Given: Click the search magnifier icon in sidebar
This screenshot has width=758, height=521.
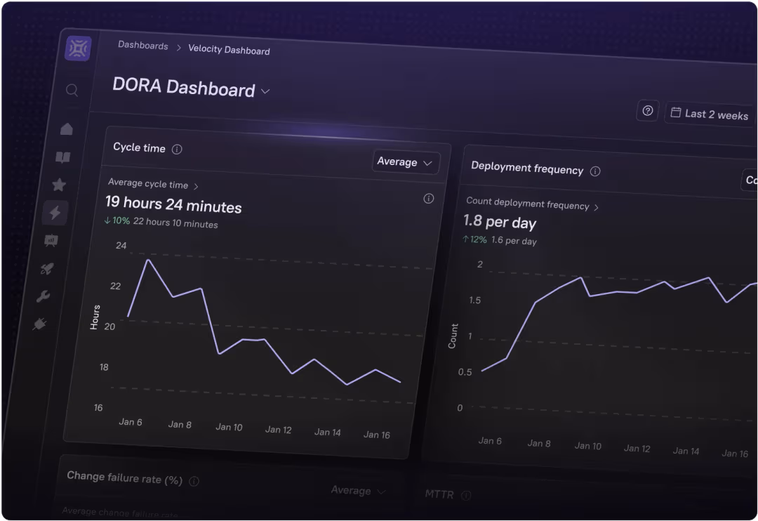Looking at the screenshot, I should [72, 91].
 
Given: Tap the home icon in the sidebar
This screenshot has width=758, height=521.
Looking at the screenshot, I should [67, 129].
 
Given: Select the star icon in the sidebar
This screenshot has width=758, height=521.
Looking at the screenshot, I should [59, 185].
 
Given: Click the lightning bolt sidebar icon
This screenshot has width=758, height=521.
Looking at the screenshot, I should [55, 212].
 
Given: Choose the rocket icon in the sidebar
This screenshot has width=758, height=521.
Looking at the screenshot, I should [47, 268].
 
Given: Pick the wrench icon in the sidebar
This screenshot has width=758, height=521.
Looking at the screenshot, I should [43, 296].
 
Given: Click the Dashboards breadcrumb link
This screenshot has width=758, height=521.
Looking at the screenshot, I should [143, 46].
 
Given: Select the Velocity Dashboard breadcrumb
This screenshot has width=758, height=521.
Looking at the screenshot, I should [229, 50].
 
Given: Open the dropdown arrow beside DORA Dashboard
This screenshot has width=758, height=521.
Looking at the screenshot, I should [265, 91].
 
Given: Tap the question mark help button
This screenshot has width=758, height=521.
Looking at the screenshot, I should [648, 110].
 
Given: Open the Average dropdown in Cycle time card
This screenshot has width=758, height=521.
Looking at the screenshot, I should [406, 162].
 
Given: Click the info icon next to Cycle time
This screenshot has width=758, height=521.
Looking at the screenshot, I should [177, 149].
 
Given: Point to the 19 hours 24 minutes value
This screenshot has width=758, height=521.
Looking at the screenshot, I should [173, 205].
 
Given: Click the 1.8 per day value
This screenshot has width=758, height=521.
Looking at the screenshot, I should [499, 223].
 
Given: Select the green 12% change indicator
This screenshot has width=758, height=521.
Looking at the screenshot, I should [474, 239].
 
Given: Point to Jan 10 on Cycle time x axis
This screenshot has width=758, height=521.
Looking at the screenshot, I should [229, 427].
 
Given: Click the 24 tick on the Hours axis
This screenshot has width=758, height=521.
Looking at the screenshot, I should [121, 246].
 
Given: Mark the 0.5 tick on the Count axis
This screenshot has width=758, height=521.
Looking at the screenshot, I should [465, 372].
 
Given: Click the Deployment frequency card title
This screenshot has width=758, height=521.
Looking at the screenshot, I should [527, 169].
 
